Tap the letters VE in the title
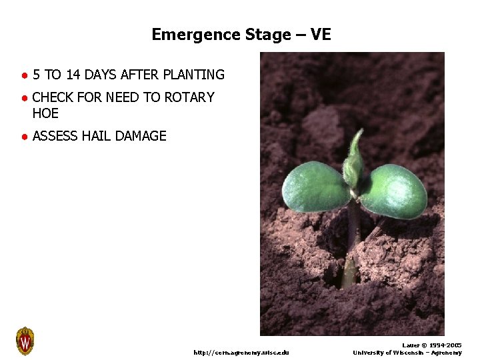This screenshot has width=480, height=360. point(320,34)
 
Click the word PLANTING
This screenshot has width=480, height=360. point(193,75)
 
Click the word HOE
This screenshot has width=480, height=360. point(45,113)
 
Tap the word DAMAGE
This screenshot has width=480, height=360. point(141,136)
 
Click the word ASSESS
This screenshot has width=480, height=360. point(55,136)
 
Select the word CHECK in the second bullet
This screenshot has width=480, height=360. point(53,97)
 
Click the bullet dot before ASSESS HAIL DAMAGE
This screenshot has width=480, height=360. point(23,137)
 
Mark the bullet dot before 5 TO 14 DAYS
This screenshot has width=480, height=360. point(23,75)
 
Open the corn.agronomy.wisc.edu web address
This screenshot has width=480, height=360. point(241,352)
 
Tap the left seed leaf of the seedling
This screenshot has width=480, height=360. point(314,187)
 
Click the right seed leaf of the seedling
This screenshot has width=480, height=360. point(395,191)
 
